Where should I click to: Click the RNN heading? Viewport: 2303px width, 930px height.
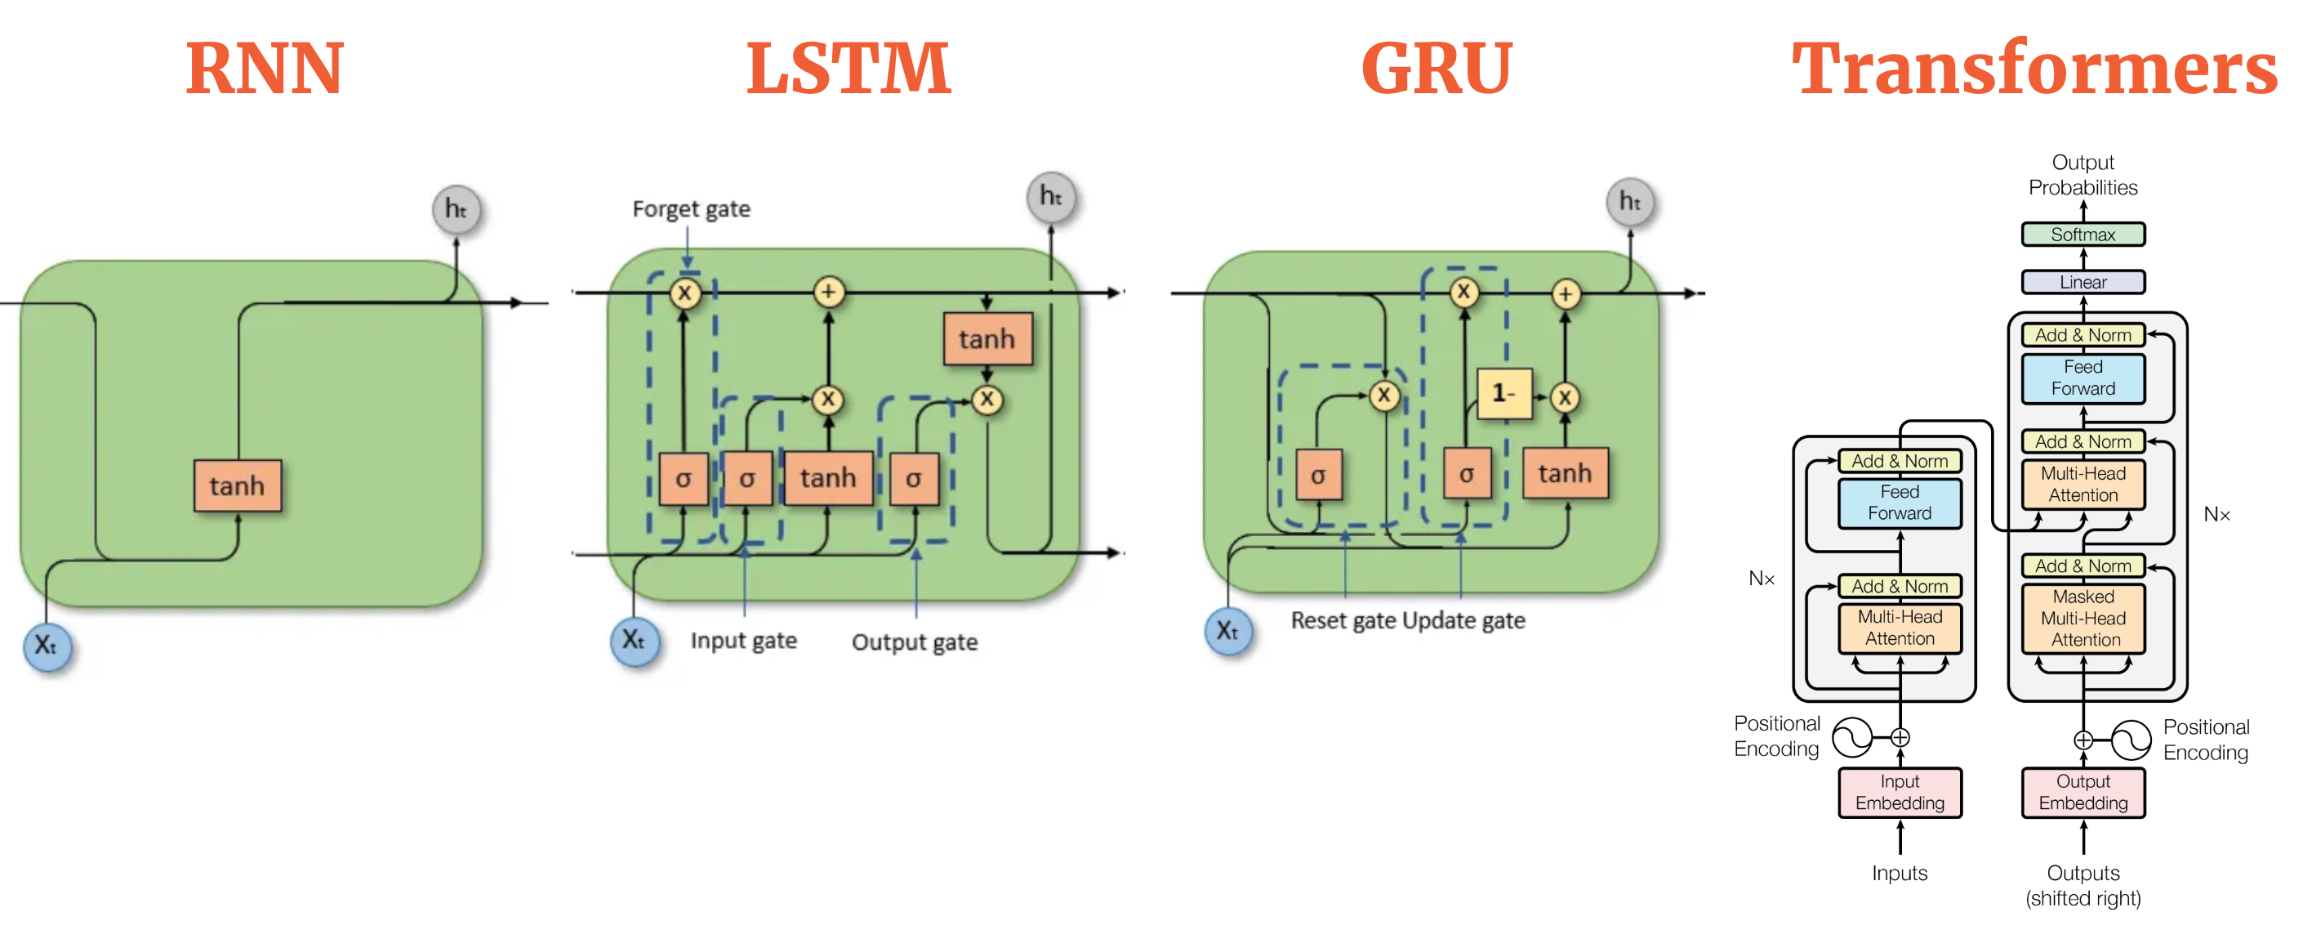point(265,69)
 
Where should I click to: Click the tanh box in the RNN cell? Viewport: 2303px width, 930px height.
point(238,485)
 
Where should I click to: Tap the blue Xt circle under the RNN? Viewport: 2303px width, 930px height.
point(47,645)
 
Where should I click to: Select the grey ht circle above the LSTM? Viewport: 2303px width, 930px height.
point(1050,196)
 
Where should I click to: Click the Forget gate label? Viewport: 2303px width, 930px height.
point(691,208)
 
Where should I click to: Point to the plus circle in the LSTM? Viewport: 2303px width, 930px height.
point(829,292)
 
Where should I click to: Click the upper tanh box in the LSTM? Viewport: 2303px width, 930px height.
point(987,339)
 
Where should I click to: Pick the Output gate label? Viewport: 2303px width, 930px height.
point(915,642)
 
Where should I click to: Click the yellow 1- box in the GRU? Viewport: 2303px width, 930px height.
point(1503,392)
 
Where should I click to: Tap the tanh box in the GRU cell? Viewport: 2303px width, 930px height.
point(1565,473)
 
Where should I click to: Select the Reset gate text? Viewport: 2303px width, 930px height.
point(1343,620)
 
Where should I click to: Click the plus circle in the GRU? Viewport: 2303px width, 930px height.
point(1566,293)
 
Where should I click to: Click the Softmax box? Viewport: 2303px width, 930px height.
point(2082,235)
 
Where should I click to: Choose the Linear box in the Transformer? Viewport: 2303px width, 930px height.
point(2082,282)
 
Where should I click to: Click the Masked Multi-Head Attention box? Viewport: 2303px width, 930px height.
point(2083,618)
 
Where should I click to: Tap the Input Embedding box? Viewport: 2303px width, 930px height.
point(1900,792)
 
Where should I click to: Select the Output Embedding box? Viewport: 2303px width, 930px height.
point(2083,792)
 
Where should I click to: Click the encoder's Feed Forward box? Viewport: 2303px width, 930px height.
point(1900,503)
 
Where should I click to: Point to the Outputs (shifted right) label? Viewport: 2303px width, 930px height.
point(2083,885)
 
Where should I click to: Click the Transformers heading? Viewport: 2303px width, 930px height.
point(2033,69)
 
